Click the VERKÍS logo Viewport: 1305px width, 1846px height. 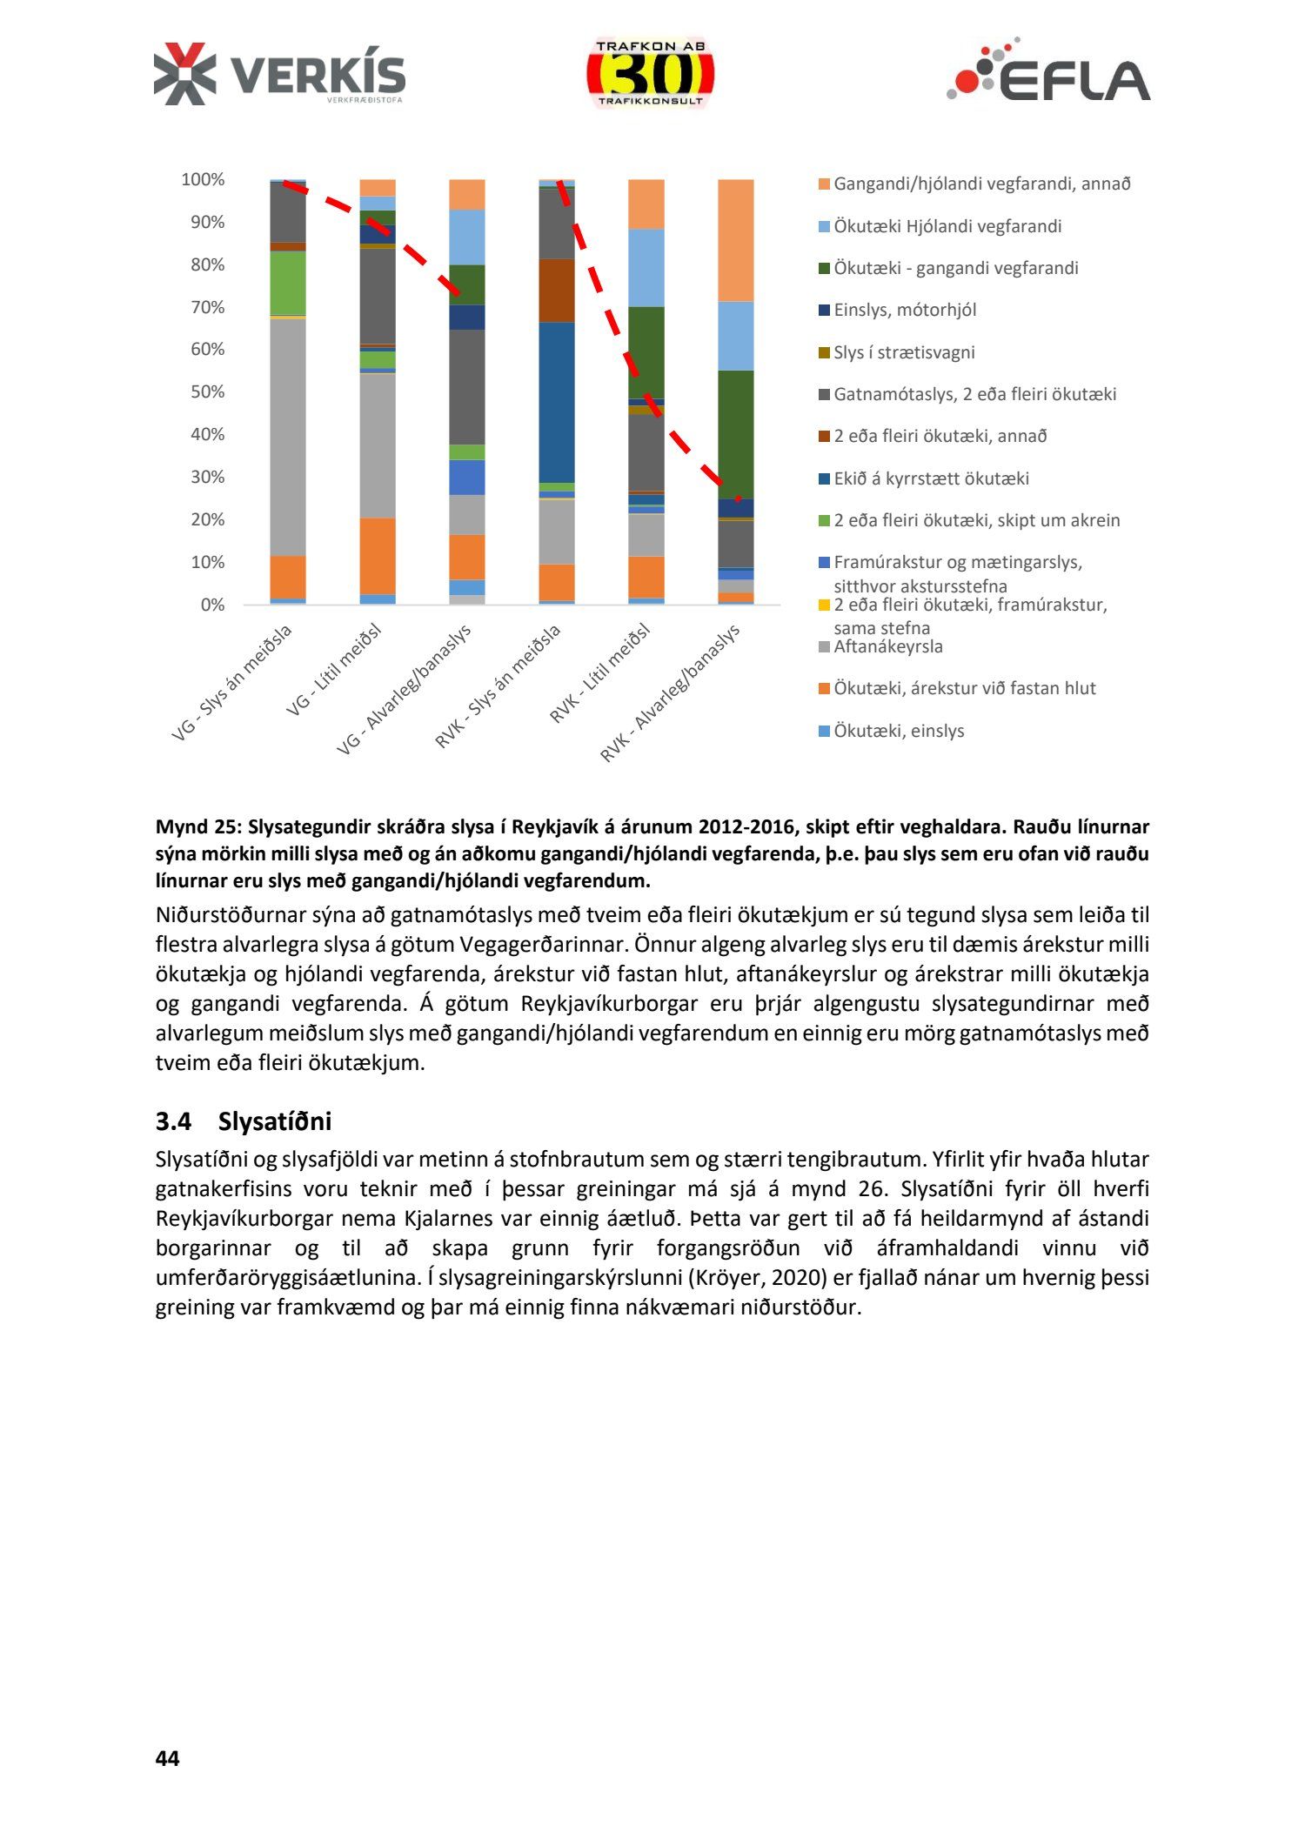(279, 75)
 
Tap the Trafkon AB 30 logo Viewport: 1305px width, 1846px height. (650, 75)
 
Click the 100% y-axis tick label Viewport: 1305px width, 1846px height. (203, 180)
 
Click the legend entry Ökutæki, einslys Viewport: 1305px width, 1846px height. (898, 731)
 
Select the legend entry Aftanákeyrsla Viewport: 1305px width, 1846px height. (887, 646)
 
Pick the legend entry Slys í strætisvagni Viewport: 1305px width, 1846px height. (903, 352)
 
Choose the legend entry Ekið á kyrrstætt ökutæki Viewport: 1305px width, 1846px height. (931, 478)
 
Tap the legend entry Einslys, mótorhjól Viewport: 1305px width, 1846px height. (904, 310)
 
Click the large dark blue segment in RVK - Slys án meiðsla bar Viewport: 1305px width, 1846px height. (557, 402)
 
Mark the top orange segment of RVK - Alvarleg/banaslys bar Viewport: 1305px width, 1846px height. (735, 240)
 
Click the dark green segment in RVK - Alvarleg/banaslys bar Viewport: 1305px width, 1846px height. (735, 434)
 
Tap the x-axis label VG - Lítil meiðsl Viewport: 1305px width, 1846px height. (335, 670)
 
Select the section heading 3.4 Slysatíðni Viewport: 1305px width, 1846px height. (244, 1121)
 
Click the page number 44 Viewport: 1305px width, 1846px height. (167, 1758)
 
